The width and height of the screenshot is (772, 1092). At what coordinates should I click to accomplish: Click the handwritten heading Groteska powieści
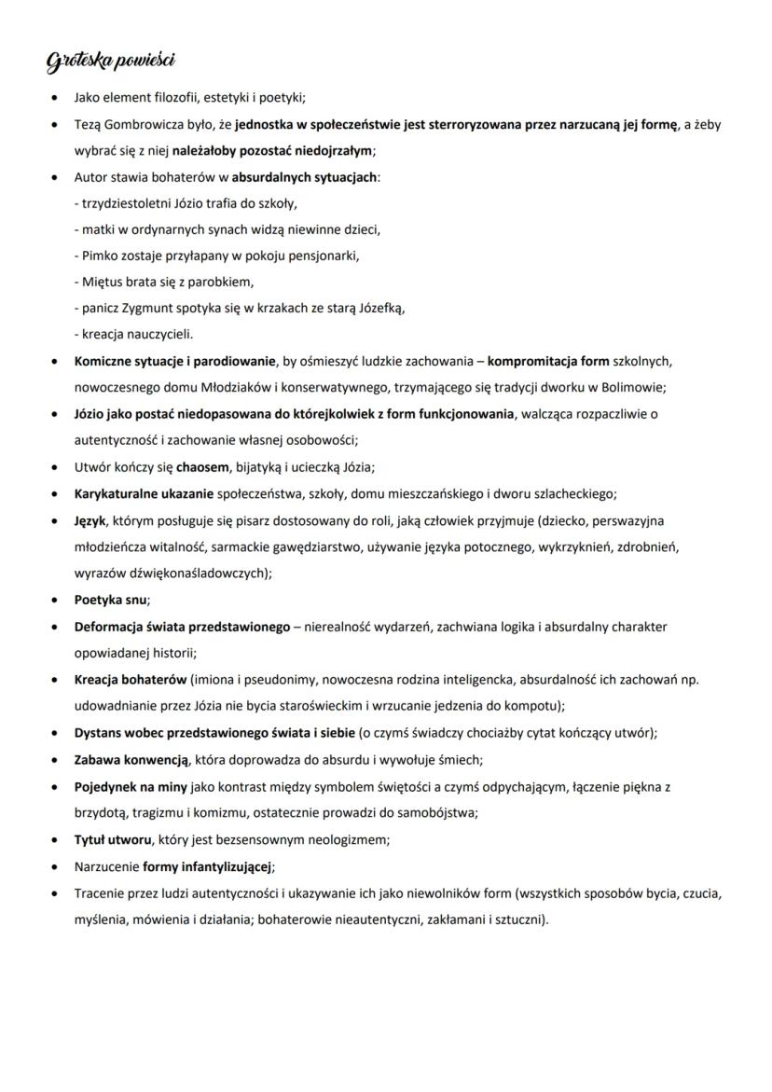point(111,62)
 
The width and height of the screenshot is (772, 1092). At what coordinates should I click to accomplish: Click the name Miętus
point(102,281)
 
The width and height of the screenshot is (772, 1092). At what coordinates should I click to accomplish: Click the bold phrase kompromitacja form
point(547,360)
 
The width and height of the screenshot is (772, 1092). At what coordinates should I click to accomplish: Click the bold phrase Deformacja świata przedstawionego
point(182,627)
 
